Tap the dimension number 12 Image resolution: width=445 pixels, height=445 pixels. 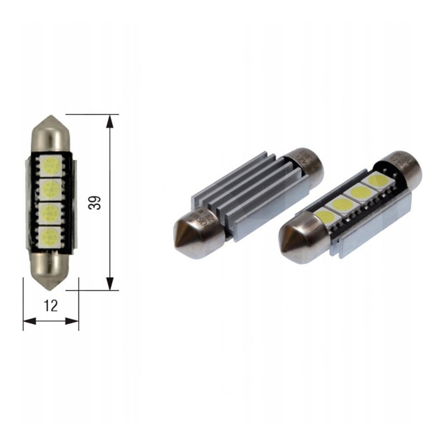(x=51, y=305)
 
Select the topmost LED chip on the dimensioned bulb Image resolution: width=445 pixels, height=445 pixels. (x=51, y=165)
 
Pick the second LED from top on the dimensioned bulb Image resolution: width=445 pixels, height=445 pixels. (x=51, y=188)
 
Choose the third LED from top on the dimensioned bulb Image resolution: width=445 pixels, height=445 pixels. (x=51, y=212)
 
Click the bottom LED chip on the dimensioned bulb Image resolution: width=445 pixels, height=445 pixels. (x=51, y=236)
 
